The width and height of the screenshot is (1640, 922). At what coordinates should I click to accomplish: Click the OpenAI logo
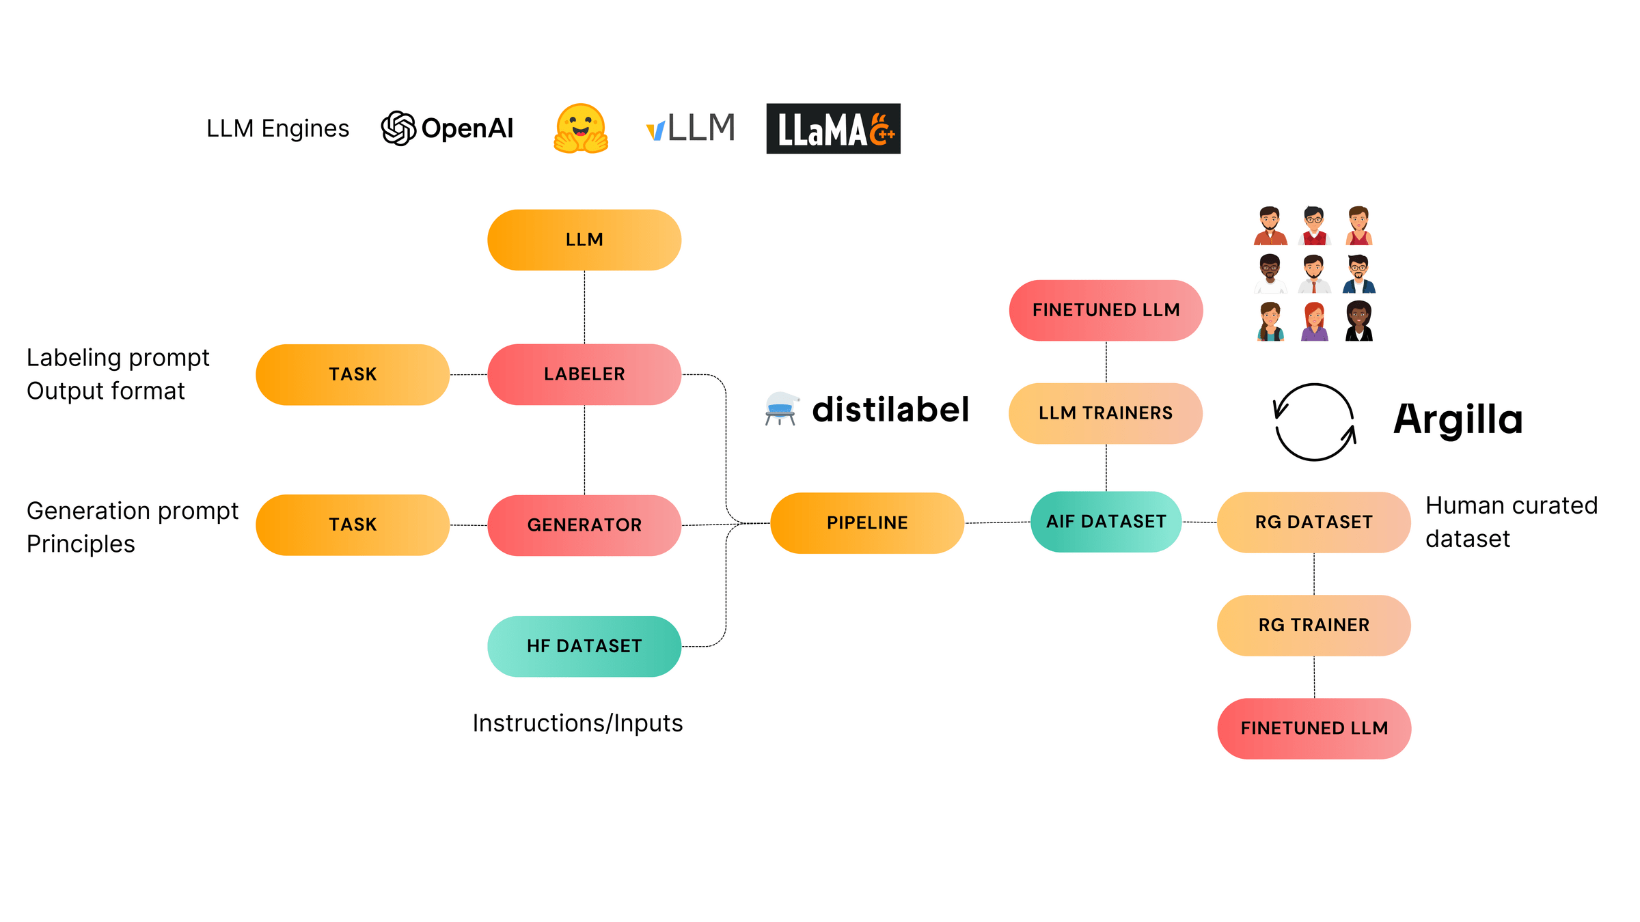click(x=447, y=128)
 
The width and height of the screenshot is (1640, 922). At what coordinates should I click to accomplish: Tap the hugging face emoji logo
click(x=581, y=128)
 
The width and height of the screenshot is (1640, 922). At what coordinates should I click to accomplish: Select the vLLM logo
click(x=691, y=128)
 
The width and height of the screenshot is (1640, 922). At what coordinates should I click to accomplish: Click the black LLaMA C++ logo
click(x=833, y=128)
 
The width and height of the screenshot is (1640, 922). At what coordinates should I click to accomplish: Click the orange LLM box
click(x=584, y=240)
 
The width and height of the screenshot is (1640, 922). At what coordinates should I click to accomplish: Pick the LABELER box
click(x=584, y=374)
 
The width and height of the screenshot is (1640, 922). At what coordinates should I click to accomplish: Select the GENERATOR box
click(x=584, y=525)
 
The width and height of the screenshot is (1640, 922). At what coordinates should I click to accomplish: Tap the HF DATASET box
click(x=584, y=646)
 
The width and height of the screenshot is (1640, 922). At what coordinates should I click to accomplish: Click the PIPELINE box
click(x=867, y=523)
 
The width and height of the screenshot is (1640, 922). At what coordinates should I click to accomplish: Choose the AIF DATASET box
click(x=1106, y=522)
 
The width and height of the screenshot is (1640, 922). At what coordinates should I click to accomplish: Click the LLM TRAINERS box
click(x=1106, y=413)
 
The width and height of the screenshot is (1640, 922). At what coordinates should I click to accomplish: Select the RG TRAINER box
click(x=1314, y=626)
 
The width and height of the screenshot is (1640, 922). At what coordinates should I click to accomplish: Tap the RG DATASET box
click(x=1314, y=522)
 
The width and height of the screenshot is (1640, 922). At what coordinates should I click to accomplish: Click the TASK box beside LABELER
click(x=353, y=374)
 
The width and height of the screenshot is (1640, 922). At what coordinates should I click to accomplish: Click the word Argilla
click(x=1458, y=419)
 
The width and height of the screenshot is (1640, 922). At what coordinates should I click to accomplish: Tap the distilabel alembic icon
click(x=781, y=409)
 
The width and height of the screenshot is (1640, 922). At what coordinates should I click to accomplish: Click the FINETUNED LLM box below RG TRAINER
click(x=1314, y=729)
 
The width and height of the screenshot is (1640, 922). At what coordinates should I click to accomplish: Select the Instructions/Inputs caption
click(x=577, y=723)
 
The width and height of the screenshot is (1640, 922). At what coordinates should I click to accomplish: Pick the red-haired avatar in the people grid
click(x=1314, y=321)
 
